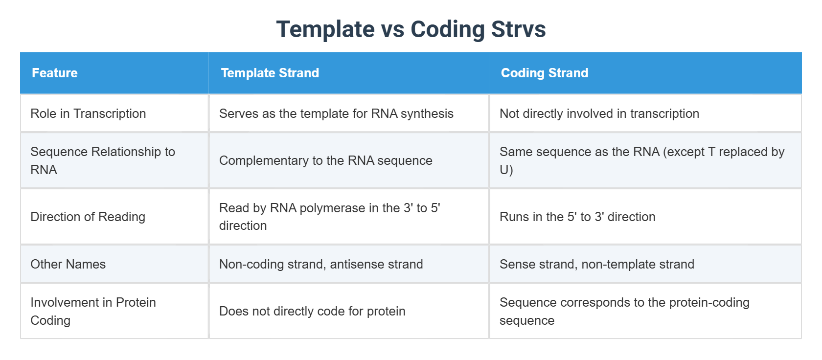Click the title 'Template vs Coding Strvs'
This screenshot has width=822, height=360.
(411, 29)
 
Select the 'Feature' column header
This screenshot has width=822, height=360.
(55, 73)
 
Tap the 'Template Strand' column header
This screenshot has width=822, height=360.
(270, 73)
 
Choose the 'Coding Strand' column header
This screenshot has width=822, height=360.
(544, 73)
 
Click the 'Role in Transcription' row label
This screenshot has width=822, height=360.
(88, 113)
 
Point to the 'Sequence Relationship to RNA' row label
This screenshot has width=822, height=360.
(102, 160)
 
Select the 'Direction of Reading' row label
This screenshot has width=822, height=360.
(88, 217)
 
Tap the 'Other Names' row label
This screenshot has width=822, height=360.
(68, 264)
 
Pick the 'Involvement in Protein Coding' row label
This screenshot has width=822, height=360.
(93, 311)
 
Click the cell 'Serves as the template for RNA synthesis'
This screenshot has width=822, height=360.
(336, 113)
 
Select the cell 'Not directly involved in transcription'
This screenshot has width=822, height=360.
(599, 113)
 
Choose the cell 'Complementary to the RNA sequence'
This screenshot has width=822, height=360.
(325, 160)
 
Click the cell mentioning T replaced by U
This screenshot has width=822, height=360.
(641, 160)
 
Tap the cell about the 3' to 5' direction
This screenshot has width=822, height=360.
(329, 217)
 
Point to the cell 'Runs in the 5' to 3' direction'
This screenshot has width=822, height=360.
(577, 217)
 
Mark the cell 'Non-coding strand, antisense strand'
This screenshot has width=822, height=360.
(321, 264)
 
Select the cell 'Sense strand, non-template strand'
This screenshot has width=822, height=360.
(596, 264)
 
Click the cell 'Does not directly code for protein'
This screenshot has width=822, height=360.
(312, 311)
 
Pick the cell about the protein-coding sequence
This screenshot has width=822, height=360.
(624, 311)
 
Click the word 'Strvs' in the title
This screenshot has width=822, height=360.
(518, 29)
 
